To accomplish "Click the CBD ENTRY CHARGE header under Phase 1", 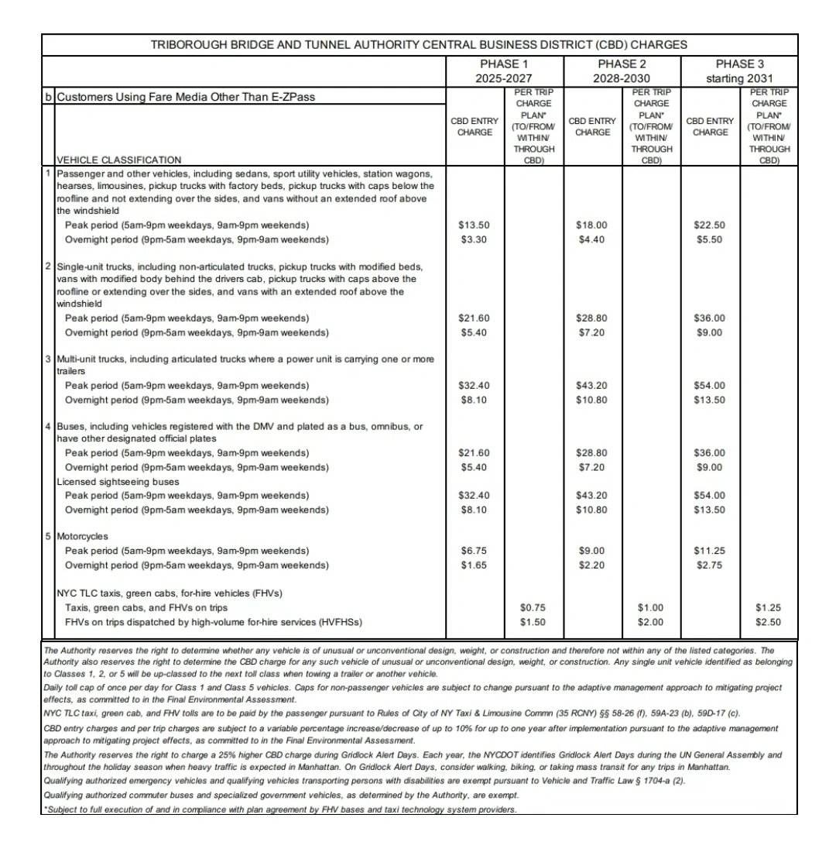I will (475, 126).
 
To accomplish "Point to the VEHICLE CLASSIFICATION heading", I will (119, 160).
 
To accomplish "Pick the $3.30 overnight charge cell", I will (474, 239).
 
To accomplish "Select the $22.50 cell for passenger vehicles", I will (709, 225).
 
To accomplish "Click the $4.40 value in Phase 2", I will (591, 239).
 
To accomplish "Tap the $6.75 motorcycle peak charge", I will (474, 551).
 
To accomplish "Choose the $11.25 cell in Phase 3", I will (709, 551).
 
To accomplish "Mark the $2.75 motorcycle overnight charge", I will (709, 565).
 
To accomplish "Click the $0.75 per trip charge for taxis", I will (533, 607).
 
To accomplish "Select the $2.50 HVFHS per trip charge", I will (768, 622).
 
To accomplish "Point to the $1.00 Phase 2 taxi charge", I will (651, 607).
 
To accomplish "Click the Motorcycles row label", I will (83, 536).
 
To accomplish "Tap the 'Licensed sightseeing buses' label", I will (118, 481).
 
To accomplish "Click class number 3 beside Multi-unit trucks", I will (48, 359).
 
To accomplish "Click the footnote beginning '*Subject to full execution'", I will (279, 809).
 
